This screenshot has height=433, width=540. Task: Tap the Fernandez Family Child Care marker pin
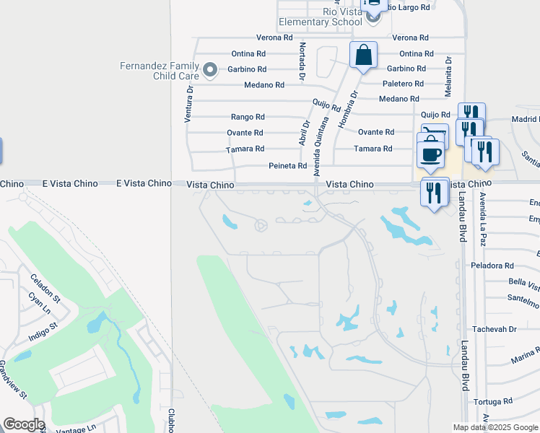click(210, 70)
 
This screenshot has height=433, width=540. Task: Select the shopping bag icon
click(363, 55)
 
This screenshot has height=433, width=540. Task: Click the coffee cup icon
click(431, 154)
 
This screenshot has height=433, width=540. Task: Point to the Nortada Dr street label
click(302, 61)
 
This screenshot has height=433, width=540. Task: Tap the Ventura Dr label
click(188, 104)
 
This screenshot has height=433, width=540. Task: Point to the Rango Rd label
click(248, 117)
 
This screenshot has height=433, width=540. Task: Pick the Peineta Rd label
click(287, 166)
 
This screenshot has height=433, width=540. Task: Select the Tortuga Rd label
click(492, 401)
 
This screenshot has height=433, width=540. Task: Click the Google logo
click(24, 424)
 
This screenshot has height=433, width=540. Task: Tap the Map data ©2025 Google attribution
click(495, 427)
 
